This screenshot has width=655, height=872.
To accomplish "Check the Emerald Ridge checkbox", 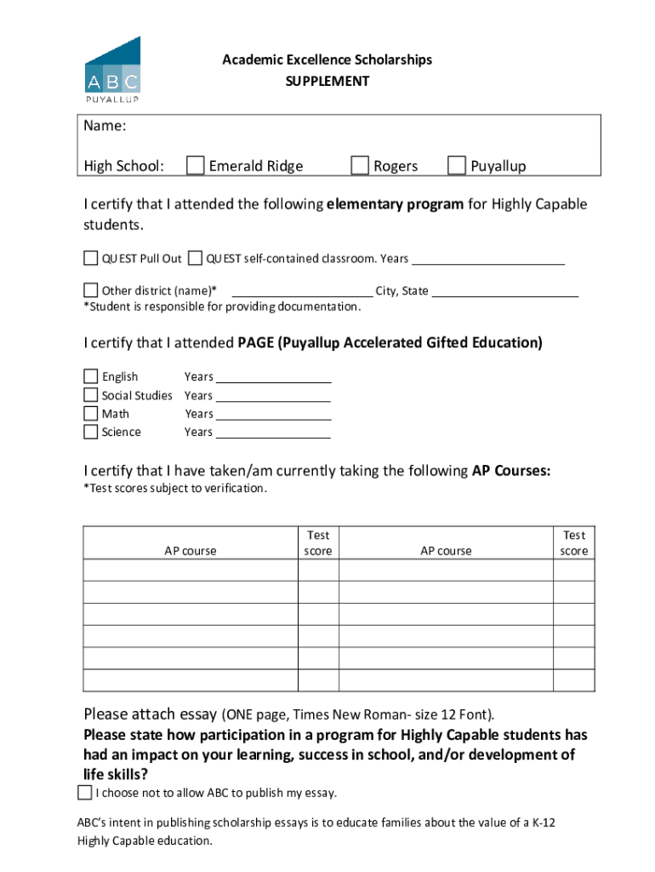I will point(195,164).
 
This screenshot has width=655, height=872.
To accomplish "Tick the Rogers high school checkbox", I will point(360,164).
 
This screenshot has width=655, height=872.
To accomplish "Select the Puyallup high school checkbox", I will point(457,164).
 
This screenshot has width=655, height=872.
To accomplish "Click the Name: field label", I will point(105,127).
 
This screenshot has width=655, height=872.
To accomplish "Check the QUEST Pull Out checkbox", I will point(91,258).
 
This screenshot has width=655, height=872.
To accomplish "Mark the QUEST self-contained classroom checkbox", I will point(196,258).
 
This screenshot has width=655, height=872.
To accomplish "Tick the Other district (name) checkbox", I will point(91,290).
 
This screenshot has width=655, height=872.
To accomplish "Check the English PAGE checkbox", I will point(91,376).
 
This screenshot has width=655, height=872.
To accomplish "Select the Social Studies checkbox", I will point(91,395).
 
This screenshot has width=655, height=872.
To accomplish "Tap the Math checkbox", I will point(91,414).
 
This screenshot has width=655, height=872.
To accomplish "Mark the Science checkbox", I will point(91,432).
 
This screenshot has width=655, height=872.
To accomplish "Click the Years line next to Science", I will point(272,433).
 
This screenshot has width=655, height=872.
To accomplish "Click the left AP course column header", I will point(191,551).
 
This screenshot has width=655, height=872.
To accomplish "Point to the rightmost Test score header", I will point(574,543).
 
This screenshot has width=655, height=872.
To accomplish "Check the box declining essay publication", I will point(84,793).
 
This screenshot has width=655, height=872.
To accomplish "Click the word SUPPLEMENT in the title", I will point(327,82).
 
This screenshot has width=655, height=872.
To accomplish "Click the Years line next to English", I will point(272,378).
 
